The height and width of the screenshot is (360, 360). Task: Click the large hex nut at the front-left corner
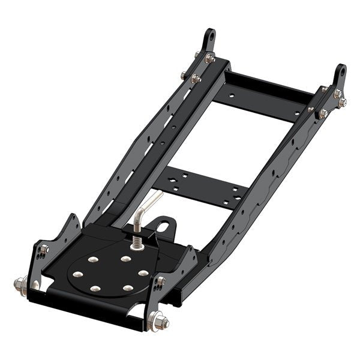pos(20,282)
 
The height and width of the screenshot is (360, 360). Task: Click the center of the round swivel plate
pos(110,274)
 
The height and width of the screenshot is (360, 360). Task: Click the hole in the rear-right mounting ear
pos(340,71)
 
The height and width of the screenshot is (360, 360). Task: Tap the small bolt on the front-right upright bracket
pos(161,281)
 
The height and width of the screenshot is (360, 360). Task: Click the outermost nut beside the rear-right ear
pos(343,103)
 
